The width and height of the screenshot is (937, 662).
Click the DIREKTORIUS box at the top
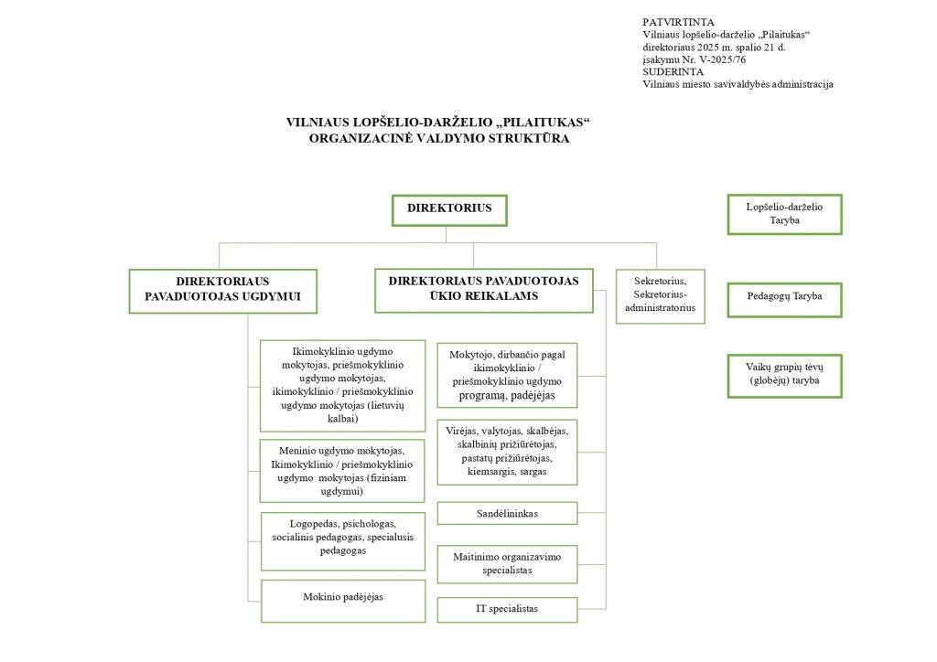(449, 209)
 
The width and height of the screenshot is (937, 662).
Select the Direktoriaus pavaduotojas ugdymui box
(223, 290)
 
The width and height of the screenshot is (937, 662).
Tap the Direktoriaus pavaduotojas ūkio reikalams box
(483, 289)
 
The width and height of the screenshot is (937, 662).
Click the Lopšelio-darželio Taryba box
(784, 214)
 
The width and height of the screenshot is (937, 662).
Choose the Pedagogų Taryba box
(784, 297)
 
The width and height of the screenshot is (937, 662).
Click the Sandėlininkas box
(507, 514)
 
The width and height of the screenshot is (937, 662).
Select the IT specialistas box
(507, 609)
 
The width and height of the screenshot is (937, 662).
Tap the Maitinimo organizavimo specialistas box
(507, 564)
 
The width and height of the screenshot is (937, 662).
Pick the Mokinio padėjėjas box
(343, 598)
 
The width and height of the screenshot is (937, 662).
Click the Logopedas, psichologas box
(343, 538)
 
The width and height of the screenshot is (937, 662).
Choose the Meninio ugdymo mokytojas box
(343, 471)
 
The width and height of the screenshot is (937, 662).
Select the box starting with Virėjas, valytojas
(507, 452)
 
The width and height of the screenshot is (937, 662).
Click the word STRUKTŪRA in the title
(530, 139)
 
